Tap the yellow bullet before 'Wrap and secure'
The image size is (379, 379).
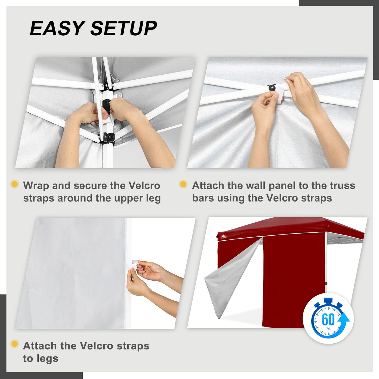[x=14, y=184]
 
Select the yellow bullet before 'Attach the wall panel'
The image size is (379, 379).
[x=183, y=184]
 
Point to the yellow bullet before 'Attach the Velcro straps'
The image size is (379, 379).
[x=14, y=344]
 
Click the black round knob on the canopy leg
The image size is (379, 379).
[x=109, y=137]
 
